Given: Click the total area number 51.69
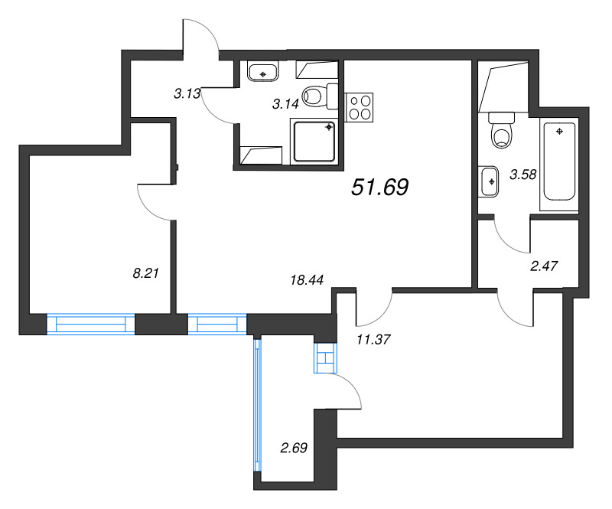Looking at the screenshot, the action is [x=379, y=187].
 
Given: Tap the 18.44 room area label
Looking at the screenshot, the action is [x=308, y=279].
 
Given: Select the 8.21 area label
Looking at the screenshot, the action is [x=146, y=273].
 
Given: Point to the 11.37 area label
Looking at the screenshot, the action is [x=373, y=340].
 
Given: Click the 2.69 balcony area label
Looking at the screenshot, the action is [x=294, y=448].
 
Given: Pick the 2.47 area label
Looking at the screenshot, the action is [x=544, y=266].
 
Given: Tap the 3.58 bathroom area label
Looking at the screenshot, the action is [x=523, y=175].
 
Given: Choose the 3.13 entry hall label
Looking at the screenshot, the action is [x=187, y=93].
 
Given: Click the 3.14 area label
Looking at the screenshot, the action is [x=285, y=104].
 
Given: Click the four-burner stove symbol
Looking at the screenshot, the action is [x=359, y=107].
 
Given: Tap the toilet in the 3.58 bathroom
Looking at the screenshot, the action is [x=501, y=130].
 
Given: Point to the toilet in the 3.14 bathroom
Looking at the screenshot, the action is [x=320, y=96].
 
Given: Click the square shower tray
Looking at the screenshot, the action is [x=314, y=142].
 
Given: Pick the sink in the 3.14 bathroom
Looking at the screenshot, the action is [x=262, y=71].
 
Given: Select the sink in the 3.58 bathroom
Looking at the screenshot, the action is [x=489, y=181].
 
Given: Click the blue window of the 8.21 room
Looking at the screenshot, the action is [x=90, y=324].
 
